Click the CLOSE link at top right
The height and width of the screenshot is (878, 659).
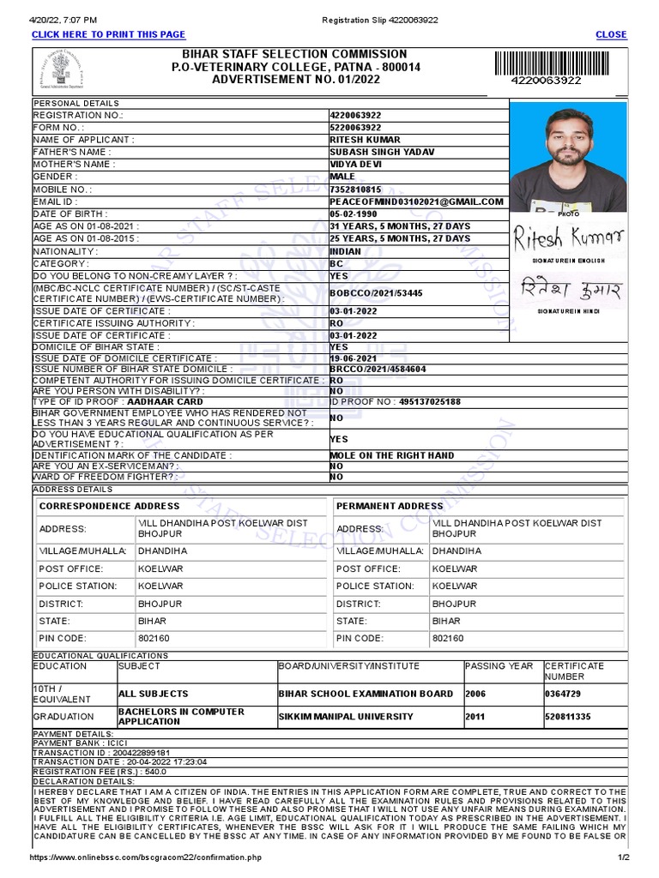611,34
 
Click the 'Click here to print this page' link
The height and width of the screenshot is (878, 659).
108,34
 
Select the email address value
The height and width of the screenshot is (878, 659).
417,201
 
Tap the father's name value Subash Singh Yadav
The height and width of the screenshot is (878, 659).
382,152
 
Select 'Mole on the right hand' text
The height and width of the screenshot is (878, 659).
392,455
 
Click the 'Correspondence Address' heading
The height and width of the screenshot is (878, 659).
110,506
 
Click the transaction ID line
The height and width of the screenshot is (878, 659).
95,752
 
